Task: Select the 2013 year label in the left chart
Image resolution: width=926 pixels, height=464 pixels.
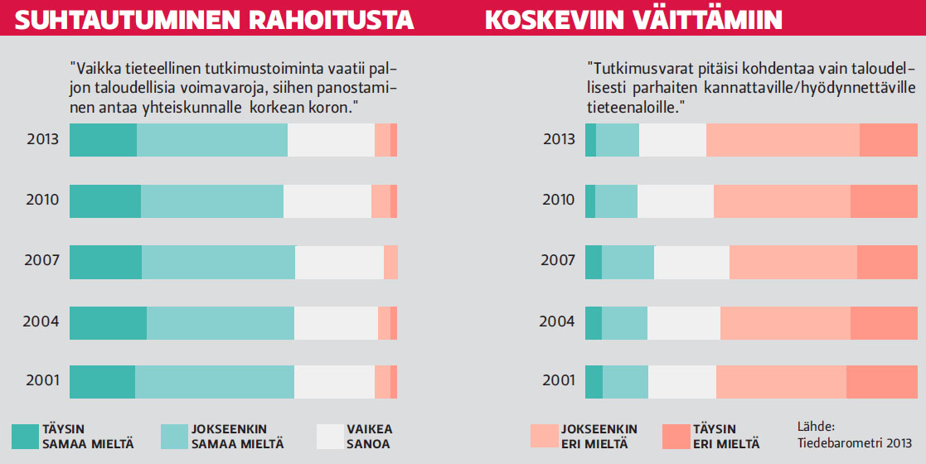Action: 42,138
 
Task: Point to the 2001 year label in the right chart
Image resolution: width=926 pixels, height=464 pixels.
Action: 558,381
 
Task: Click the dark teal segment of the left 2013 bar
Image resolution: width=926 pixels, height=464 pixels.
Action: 103,139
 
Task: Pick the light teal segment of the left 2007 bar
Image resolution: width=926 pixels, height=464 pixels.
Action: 218,261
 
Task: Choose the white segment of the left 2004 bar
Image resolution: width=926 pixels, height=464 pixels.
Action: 336,322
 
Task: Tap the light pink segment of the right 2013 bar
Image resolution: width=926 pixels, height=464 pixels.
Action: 783,139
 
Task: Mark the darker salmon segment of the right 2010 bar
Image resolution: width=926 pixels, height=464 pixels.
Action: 884,201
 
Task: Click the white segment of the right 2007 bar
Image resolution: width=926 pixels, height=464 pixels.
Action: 691,262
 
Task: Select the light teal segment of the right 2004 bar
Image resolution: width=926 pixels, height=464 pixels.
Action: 624,322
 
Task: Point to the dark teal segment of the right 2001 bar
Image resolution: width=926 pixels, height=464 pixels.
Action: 594,381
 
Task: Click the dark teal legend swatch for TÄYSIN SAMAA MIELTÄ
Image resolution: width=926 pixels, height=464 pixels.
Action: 25,436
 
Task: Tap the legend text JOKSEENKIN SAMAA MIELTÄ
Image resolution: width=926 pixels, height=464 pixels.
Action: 237,436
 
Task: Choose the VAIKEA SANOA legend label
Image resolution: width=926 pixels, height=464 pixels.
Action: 370,436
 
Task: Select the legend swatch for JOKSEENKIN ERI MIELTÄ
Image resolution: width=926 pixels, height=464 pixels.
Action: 543,436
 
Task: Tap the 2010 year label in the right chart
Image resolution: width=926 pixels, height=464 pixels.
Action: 558,200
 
